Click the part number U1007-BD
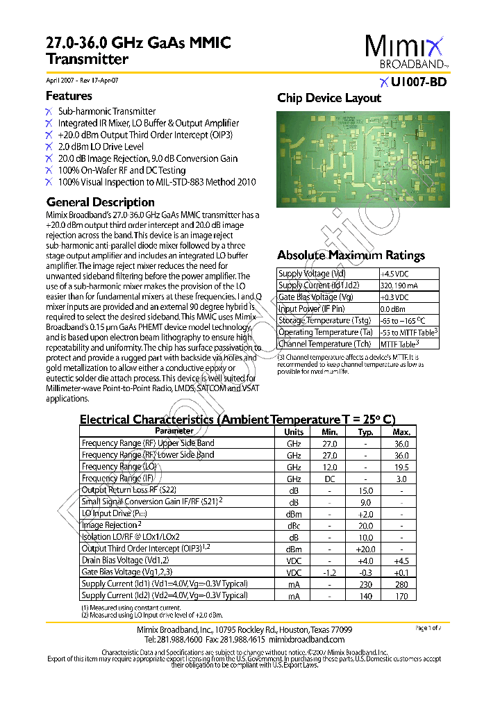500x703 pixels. pyautogui.click(x=418, y=82)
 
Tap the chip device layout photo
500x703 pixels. pyautogui.click(x=362, y=159)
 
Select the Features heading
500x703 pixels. pyautogui.click(x=69, y=96)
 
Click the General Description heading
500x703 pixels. pyautogui.click(x=100, y=202)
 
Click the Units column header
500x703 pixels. pyautogui.click(x=294, y=431)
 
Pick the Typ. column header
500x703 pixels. pyautogui.click(x=365, y=431)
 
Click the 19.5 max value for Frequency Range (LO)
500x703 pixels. pyautogui.click(x=401, y=467)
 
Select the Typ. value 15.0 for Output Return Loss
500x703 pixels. pyautogui.click(x=365, y=490)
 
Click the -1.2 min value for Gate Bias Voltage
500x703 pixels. pyautogui.click(x=330, y=572)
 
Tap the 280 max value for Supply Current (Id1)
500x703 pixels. pyautogui.click(x=401, y=584)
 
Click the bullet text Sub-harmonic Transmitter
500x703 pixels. pyautogui.click(x=107, y=111)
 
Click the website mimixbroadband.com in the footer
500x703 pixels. pyautogui.click(x=306, y=639)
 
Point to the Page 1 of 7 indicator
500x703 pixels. pyautogui.click(x=428, y=628)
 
